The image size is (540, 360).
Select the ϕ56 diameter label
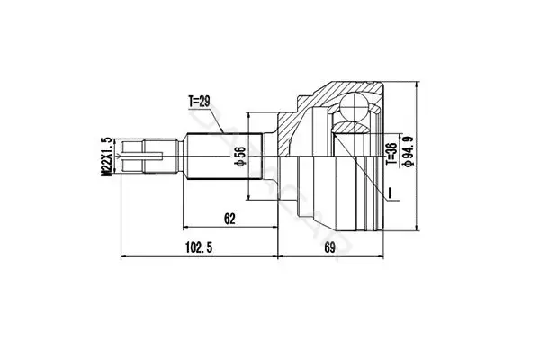tap(239, 157)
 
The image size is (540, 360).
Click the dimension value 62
tap(229, 219)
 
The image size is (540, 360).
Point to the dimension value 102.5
tap(199, 247)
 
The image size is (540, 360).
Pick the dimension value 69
tap(329, 247)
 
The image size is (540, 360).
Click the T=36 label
tap(391, 153)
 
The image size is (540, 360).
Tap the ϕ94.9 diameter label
tap(409, 152)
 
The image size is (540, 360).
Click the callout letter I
tap(389, 193)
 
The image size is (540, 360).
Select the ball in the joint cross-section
tap(354, 107)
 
